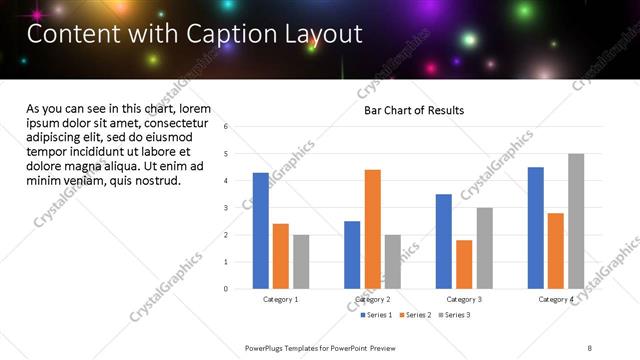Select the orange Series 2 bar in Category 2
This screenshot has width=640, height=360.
[372, 229]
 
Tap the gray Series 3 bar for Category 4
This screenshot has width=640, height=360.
[576, 221]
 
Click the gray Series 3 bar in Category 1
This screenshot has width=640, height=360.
[301, 262]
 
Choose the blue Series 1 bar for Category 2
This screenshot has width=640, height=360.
[352, 255]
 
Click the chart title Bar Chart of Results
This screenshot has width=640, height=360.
[413, 110]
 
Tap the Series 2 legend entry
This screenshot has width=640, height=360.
[415, 315]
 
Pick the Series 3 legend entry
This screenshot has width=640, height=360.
[455, 315]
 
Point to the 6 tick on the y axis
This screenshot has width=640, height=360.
[226, 127]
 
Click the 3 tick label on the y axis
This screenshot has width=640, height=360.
[226, 208]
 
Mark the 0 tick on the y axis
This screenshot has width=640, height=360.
[226, 289]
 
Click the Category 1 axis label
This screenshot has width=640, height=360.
[281, 299]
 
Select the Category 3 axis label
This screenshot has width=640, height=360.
[464, 299]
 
